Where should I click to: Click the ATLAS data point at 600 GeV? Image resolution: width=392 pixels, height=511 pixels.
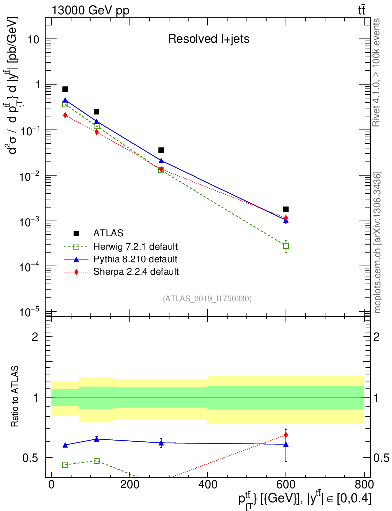pos(286,209)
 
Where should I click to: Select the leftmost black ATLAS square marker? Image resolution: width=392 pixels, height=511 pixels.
pos(65,89)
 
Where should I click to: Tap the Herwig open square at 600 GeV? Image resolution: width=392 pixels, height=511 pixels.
pos(286,246)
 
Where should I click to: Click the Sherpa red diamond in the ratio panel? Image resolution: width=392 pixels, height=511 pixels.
pos(286,435)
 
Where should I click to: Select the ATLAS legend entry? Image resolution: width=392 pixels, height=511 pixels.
pos(108,233)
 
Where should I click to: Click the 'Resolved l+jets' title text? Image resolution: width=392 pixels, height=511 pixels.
pos(208,39)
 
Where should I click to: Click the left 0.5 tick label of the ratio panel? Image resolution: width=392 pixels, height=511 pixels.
pos(33,458)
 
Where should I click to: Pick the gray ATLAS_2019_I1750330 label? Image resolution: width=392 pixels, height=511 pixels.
pos(207,299)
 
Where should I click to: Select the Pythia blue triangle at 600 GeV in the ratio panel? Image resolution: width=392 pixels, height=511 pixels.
pos(286,444)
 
